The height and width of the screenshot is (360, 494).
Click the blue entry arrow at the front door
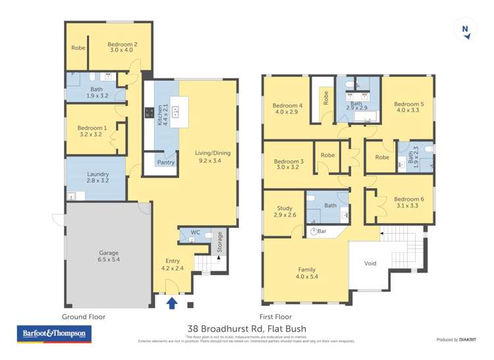[x=173, y=303]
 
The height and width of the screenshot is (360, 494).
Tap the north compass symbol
[x=466, y=30]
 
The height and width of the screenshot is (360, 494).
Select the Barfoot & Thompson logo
[x=54, y=334]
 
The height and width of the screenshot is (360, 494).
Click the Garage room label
[x=109, y=253]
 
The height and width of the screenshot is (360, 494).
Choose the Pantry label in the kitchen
[x=165, y=161]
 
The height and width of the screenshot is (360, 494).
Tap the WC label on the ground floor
[x=195, y=232]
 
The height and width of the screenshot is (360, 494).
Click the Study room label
[x=285, y=209]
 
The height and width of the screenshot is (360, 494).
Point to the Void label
[x=370, y=263]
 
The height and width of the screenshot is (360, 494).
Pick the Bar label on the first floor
[x=322, y=232]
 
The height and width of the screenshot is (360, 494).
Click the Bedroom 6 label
[x=408, y=199]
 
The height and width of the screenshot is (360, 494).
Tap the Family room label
[x=306, y=270]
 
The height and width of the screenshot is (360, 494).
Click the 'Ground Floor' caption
[x=84, y=317]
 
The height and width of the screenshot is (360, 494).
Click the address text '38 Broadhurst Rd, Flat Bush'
[x=247, y=329]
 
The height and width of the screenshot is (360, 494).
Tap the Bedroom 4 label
[x=288, y=105]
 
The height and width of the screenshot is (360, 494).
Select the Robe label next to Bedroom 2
[x=78, y=47]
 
